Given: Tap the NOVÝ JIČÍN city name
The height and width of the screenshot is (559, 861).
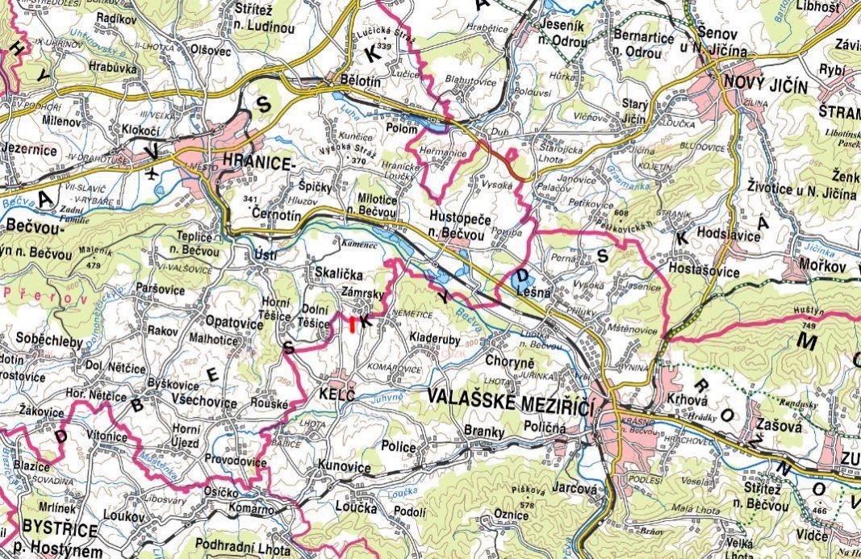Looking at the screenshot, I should point(765,81).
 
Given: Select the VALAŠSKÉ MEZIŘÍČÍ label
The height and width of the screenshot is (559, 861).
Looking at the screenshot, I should point(510,396).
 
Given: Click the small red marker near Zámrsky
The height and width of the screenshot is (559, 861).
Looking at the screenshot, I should point(353,323).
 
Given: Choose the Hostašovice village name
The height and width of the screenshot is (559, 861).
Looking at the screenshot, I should point(704,273).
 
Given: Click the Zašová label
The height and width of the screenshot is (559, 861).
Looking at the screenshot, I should point(779,426).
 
